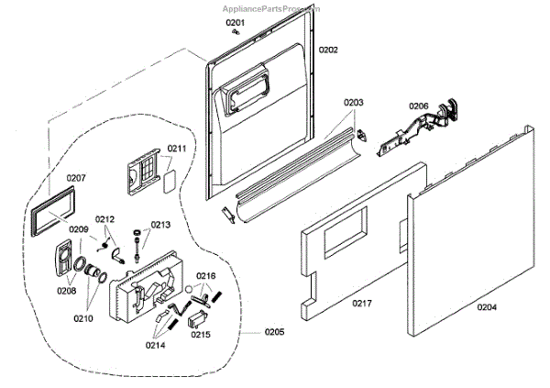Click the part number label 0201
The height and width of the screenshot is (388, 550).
coord(236,22)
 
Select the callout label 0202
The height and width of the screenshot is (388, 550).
coord(328,50)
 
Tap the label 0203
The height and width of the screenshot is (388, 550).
coord(354,103)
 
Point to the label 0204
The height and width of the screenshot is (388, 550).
coord(486,307)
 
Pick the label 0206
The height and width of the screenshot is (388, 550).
coord(418,106)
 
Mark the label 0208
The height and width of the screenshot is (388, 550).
coord(66,291)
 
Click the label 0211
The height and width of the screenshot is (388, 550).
coord(177,148)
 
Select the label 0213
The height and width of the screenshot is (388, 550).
coord(161,224)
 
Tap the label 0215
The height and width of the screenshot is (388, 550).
coord(201,335)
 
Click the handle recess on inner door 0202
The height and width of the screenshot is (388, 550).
coord(245,93)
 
